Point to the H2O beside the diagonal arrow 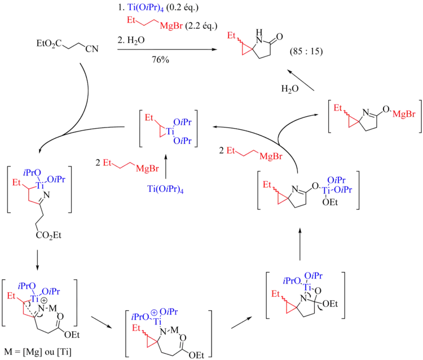click(x=289, y=89)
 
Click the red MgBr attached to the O click(x=404, y=115)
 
